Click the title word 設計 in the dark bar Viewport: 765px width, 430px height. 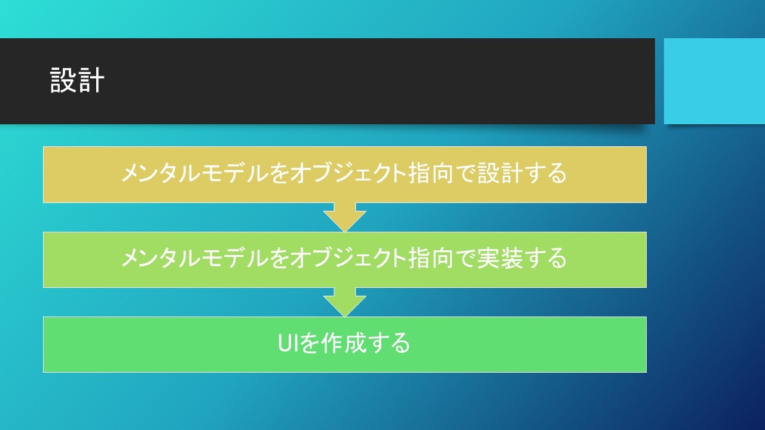point(77,80)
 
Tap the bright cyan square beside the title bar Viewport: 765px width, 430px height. point(714,81)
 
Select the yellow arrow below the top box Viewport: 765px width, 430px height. point(345,217)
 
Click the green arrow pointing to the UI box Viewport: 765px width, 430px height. point(345,302)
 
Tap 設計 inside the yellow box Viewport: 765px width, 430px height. point(500,173)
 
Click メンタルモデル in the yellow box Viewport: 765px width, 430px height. point(194,173)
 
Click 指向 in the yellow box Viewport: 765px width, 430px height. point(430,173)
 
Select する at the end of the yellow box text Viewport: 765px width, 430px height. point(545,173)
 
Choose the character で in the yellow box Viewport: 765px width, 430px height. point(465,173)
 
